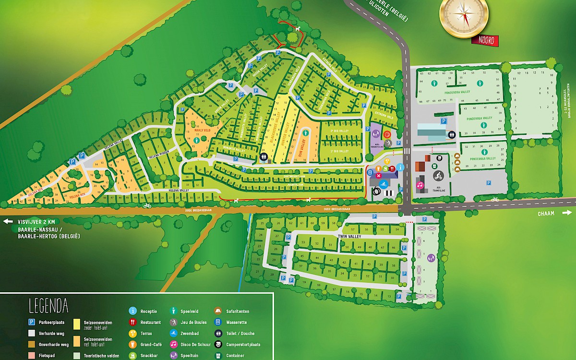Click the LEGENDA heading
tap(48, 305)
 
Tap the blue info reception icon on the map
tap(400, 167)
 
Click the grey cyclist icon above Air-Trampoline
tap(438, 176)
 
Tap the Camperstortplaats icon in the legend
tap(218, 344)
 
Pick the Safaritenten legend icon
tap(218, 311)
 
